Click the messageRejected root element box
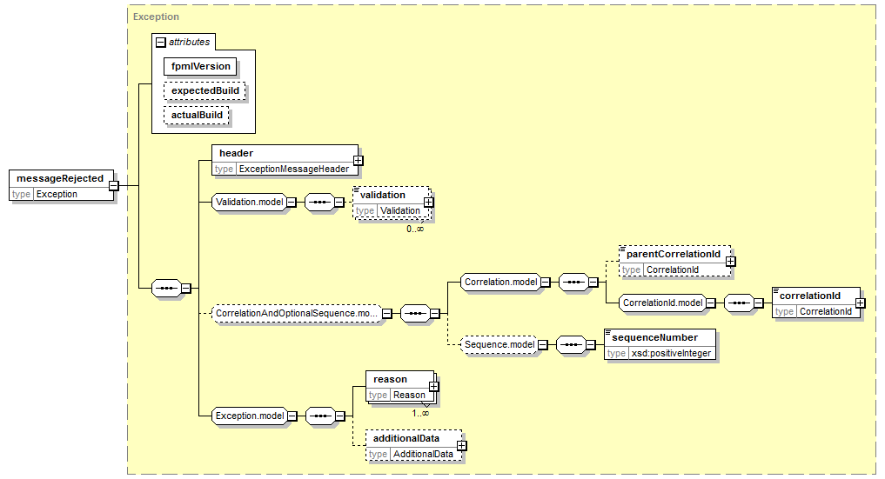pyautogui.click(x=62, y=185)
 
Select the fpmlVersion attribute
pyautogui.click(x=200, y=66)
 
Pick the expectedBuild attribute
pyautogui.click(x=204, y=90)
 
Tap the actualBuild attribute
pyautogui.click(x=197, y=115)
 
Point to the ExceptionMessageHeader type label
pyautogui.click(x=294, y=169)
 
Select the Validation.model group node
pyautogui.click(x=249, y=203)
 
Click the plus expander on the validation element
pyautogui.click(x=429, y=203)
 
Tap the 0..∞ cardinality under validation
pyautogui.click(x=415, y=229)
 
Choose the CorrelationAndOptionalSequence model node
pyautogui.click(x=297, y=313)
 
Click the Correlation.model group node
pyautogui.click(x=500, y=283)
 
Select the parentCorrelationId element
pyautogui.click(x=675, y=262)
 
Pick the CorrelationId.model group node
pyautogui.click(x=662, y=303)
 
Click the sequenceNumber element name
pyautogui.click(x=654, y=337)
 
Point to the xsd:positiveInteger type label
pyautogui.click(x=671, y=353)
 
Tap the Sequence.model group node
pyautogui.click(x=499, y=345)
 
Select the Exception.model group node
pyautogui.click(x=250, y=416)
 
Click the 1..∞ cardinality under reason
pyautogui.click(x=420, y=413)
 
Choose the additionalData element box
pyautogui.click(x=413, y=446)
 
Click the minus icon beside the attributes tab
pyautogui.click(x=161, y=43)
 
